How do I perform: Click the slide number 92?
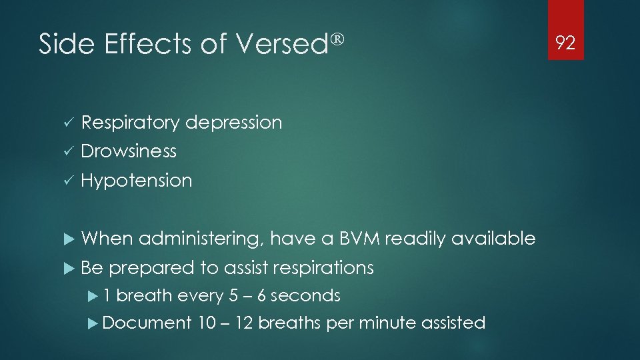click(565, 44)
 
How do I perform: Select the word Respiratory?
click(130, 123)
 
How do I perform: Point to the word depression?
click(233, 123)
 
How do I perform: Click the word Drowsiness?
click(129, 151)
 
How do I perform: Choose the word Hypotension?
click(136, 181)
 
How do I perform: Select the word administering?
click(202, 239)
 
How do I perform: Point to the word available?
click(493, 239)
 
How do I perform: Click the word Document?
click(147, 323)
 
